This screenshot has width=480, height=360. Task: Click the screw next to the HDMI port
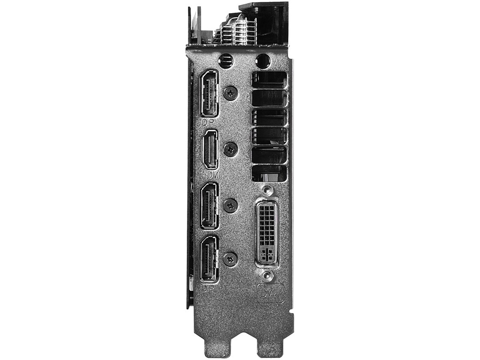click(231, 149)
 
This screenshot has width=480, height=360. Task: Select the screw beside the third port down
click(231, 206)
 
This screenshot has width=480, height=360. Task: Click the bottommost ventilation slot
click(269, 173)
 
